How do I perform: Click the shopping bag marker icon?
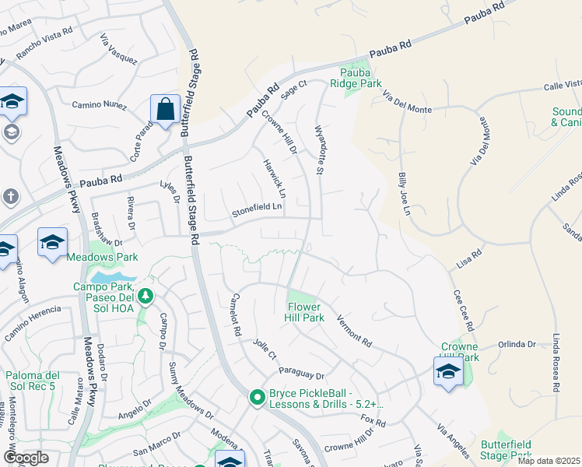[x=165, y=110]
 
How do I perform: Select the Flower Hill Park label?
[x=305, y=312]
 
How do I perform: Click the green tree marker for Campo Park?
[x=145, y=296]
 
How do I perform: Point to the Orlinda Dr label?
[x=517, y=344]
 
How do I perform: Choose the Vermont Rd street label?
[x=354, y=331]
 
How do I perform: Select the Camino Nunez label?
[x=98, y=104]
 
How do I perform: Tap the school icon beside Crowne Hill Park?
[x=448, y=371]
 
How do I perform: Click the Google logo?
[x=26, y=458]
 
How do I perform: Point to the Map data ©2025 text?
[x=549, y=461]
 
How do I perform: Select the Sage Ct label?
[x=294, y=90]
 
